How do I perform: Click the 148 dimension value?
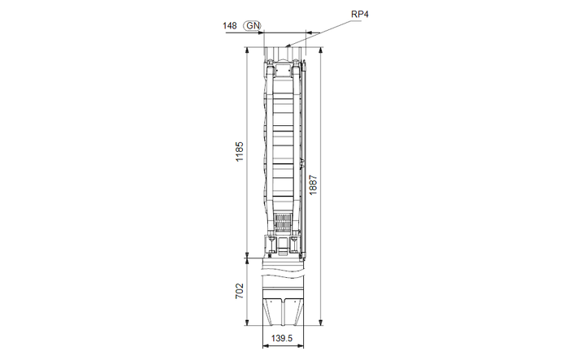[x=230, y=26]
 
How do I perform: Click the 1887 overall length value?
[x=314, y=185]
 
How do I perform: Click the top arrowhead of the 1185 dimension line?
[x=248, y=50]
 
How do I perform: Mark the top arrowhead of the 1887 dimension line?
[x=323, y=50]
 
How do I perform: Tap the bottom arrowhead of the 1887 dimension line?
[x=323, y=324]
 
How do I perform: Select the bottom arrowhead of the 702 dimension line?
[x=248, y=324]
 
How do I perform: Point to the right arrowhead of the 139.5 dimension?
[x=302, y=346]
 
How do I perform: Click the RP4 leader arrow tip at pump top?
[x=287, y=46]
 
